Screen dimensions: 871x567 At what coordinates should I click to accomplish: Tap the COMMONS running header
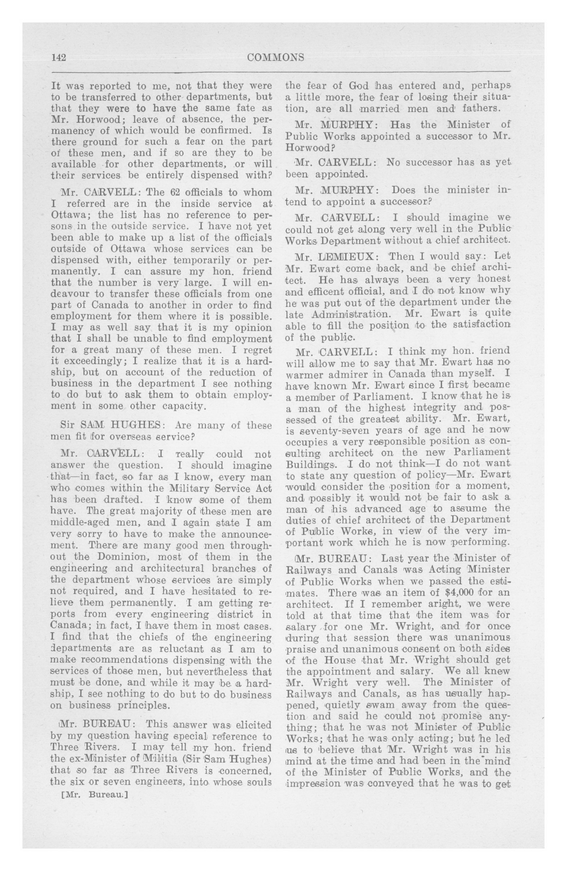click(x=276, y=58)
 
